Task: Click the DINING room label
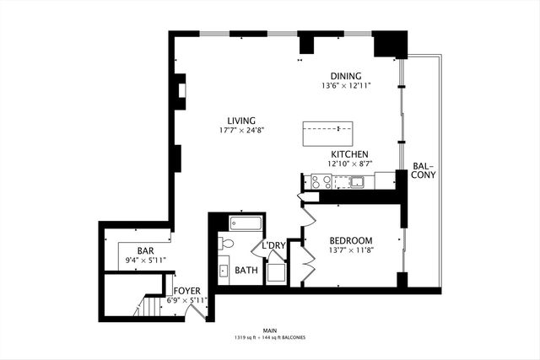(x=346, y=75)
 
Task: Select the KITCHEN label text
(x=348, y=154)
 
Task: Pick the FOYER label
(x=187, y=291)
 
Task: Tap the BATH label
(x=246, y=271)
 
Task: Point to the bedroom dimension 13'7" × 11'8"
(x=350, y=250)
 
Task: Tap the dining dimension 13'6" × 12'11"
(x=346, y=85)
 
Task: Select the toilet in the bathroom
(x=225, y=244)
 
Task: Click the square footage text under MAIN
(x=270, y=337)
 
